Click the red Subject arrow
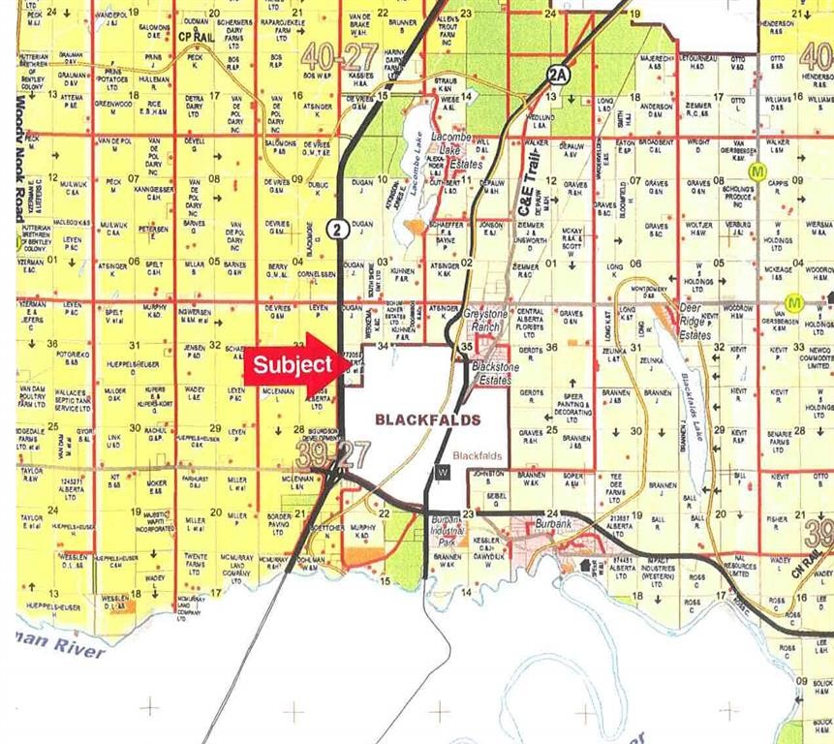(x=292, y=365)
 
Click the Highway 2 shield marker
(x=336, y=229)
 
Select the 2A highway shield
(x=555, y=75)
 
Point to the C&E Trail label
(x=528, y=186)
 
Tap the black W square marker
(x=443, y=472)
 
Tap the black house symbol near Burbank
(x=586, y=565)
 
